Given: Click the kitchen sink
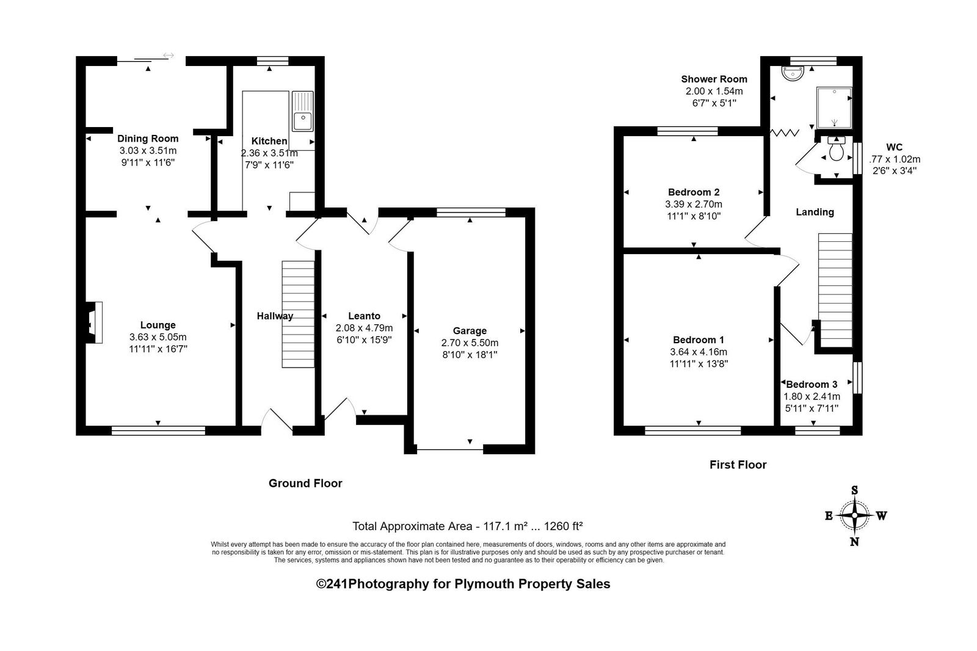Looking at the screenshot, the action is coord(302,111).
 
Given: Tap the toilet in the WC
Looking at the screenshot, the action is coord(836,149).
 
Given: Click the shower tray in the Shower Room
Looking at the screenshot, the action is coord(834,107).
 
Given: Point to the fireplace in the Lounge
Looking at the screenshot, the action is coord(93,322).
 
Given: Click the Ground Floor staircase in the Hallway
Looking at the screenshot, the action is coord(298,314).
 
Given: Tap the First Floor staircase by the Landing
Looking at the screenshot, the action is coord(835,290).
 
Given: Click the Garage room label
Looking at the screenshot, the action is coord(470,331).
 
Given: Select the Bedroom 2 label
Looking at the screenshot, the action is coord(694,192).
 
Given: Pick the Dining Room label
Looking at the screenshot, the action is coord(148,139).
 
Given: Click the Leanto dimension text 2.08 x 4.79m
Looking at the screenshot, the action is coord(364,328).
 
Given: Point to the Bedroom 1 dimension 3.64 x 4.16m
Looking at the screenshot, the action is coord(699,352).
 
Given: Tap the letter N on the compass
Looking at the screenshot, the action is coord(854,542).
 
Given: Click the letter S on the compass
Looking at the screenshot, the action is coord(854,490).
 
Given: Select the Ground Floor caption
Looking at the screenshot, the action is coord(305,483).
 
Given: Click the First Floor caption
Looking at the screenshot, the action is coord(738,465).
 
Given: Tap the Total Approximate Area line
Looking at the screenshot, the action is coord(468,526).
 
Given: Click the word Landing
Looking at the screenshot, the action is coord(815,212).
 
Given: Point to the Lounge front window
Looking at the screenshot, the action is coord(158,431).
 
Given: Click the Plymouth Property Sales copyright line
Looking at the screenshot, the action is coord(463,584).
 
